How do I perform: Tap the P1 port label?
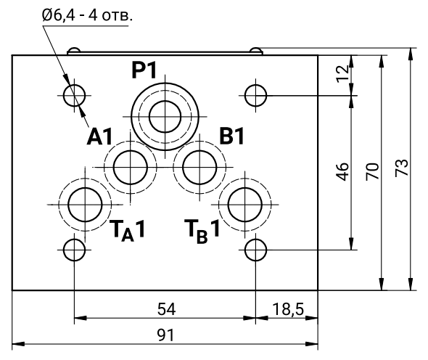pos(145,70)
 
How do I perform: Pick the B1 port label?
pos(231,136)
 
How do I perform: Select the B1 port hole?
pos(197,166)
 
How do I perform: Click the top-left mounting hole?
pos(74,94)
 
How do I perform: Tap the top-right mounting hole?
pos(255,94)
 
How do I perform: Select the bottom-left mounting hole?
pos(74,250)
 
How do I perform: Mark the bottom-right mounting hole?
pos(255,250)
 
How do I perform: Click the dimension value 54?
pos(166,308)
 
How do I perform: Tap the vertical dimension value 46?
pos(344,171)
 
